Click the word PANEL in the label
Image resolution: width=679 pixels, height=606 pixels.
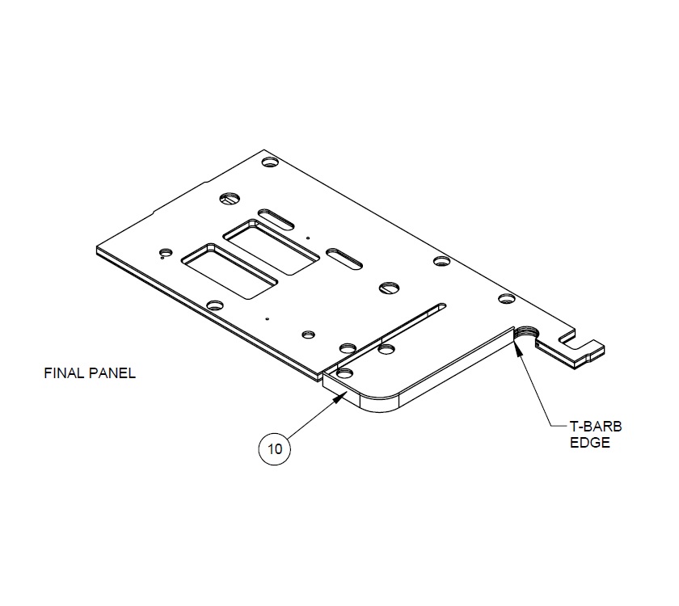coord(111,374)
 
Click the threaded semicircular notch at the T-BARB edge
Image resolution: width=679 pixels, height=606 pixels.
coord(527,333)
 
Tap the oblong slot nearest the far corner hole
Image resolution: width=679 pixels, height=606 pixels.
coord(276,217)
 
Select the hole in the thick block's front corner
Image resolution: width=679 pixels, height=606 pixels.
coord(346,373)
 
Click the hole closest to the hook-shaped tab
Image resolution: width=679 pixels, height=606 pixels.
coord(505,299)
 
